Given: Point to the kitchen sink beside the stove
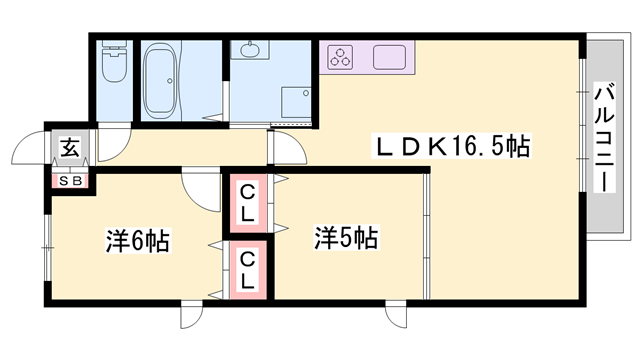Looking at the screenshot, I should tap(389, 56).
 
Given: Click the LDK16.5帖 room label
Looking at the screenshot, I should tap(451, 146).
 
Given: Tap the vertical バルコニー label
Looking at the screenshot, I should tap(605, 138).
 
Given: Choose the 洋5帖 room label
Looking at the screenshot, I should tap(346, 240).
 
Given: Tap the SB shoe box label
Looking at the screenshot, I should tap(72, 181).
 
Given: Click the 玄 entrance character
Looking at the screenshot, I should tap(72, 148).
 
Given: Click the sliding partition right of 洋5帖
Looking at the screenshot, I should tap(428, 235).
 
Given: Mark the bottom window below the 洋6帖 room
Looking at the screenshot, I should tap(190, 313).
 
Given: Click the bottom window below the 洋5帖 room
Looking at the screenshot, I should tap(396, 313).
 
